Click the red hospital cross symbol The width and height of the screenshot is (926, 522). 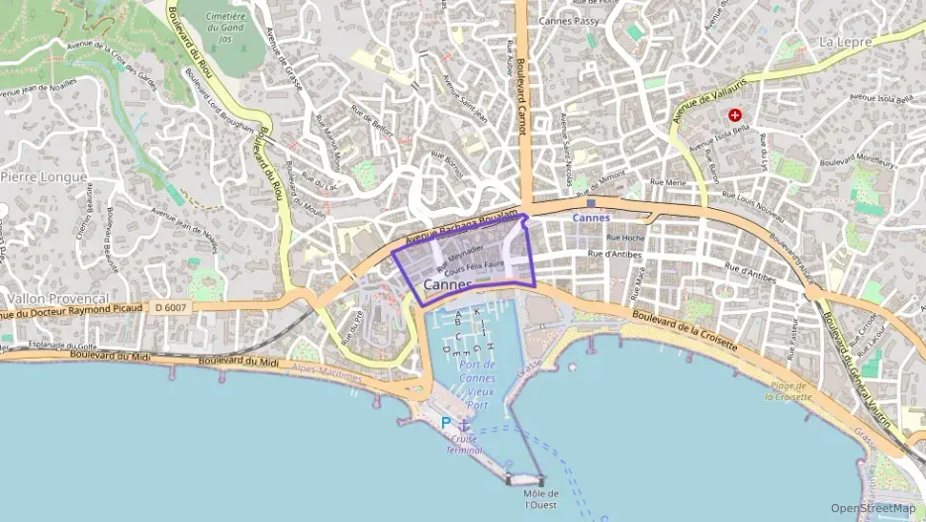coord(734,115)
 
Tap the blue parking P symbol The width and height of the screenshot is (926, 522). coord(445,423)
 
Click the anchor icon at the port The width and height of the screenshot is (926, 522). coord(463,424)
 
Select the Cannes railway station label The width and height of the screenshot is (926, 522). coord(592,217)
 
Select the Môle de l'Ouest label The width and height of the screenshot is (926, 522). coord(541,498)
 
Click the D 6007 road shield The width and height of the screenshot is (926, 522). coord(171,307)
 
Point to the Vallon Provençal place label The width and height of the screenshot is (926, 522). coord(57,298)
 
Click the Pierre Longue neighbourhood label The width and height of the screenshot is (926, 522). coord(44,176)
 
